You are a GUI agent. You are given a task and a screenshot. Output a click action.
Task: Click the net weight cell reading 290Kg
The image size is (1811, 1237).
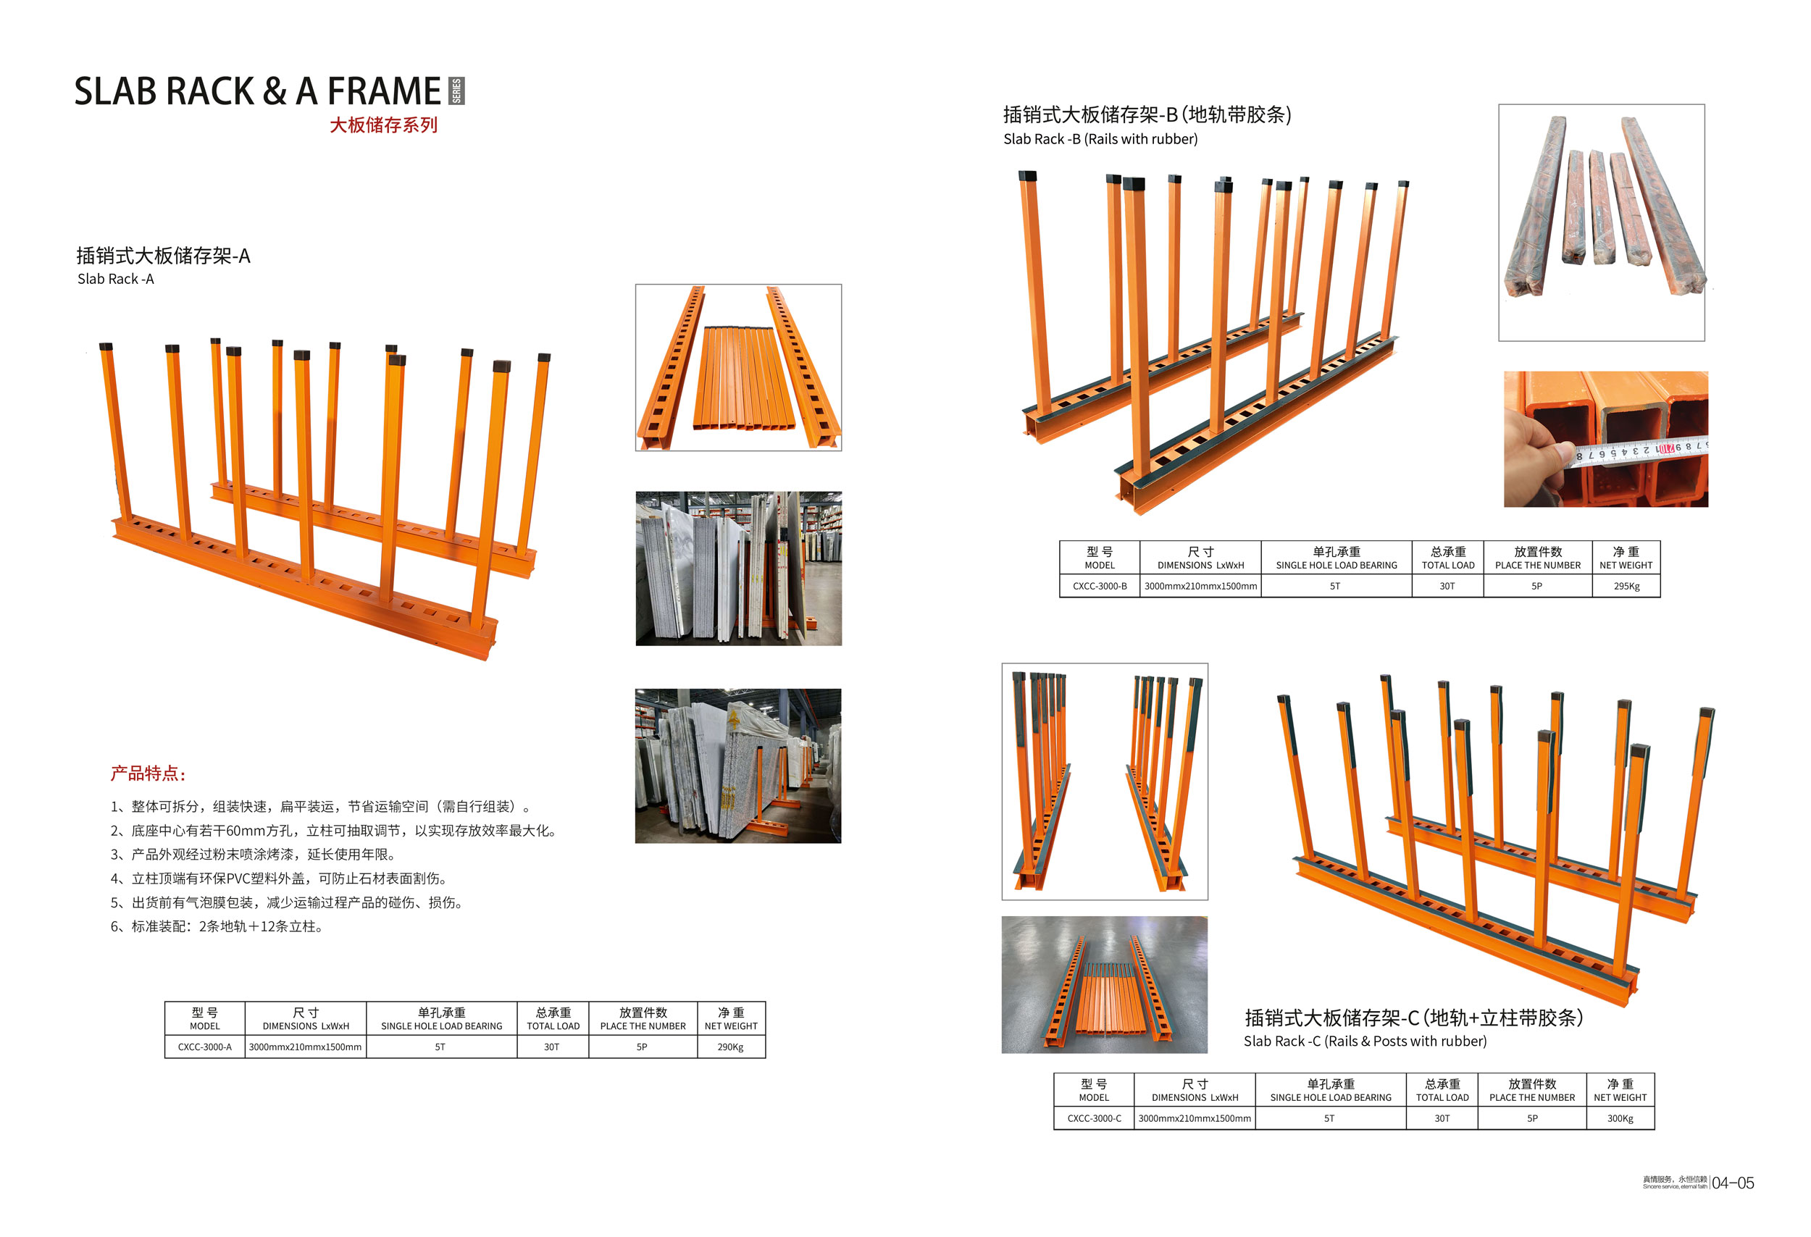pyautogui.click(x=730, y=1047)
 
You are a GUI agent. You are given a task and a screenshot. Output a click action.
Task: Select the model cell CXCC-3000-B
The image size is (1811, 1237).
pyautogui.click(x=1099, y=586)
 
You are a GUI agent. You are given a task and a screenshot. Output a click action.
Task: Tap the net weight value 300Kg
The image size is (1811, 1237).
pyautogui.click(x=1619, y=1119)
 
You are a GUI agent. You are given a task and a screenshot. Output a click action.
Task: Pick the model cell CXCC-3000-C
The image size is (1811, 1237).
pyautogui.click(x=1094, y=1119)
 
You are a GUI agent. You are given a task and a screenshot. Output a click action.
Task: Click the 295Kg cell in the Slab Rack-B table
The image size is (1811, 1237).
pyautogui.click(x=1626, y=586)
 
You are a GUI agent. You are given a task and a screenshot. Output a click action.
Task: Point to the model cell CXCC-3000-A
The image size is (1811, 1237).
pyautogui.click(x=204, y=1047)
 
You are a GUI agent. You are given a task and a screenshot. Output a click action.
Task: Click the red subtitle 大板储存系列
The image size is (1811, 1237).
pyautogui.click(x=382, y=125)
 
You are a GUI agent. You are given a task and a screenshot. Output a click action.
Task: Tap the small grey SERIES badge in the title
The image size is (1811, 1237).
pyautogui.click(x=456, y=91)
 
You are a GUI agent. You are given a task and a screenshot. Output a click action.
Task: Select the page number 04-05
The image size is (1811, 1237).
pyautogui.click(x=1732, y=1183)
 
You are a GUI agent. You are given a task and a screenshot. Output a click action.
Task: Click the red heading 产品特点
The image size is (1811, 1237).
pyautogui.click(x=148, y=773)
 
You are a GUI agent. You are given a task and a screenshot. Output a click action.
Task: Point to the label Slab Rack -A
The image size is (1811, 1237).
pyautogui.click(x=115, y=279)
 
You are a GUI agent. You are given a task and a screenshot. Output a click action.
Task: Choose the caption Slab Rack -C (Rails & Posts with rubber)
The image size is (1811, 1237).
pyautogui.click(x=1365, y=1041)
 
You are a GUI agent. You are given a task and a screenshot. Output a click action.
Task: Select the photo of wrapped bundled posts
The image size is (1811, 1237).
pyautogui.click(x=1601, y=222)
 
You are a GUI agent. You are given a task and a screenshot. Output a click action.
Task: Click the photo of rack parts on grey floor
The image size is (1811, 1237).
pyautogui.click(x=1103, y=985)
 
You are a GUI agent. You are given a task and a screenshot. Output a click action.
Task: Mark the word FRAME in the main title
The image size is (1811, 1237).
pyautogui.click(x=383, y=92)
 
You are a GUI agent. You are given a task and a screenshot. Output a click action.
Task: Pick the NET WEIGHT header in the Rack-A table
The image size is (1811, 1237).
pyautogui.click(x=730, y=1019)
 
